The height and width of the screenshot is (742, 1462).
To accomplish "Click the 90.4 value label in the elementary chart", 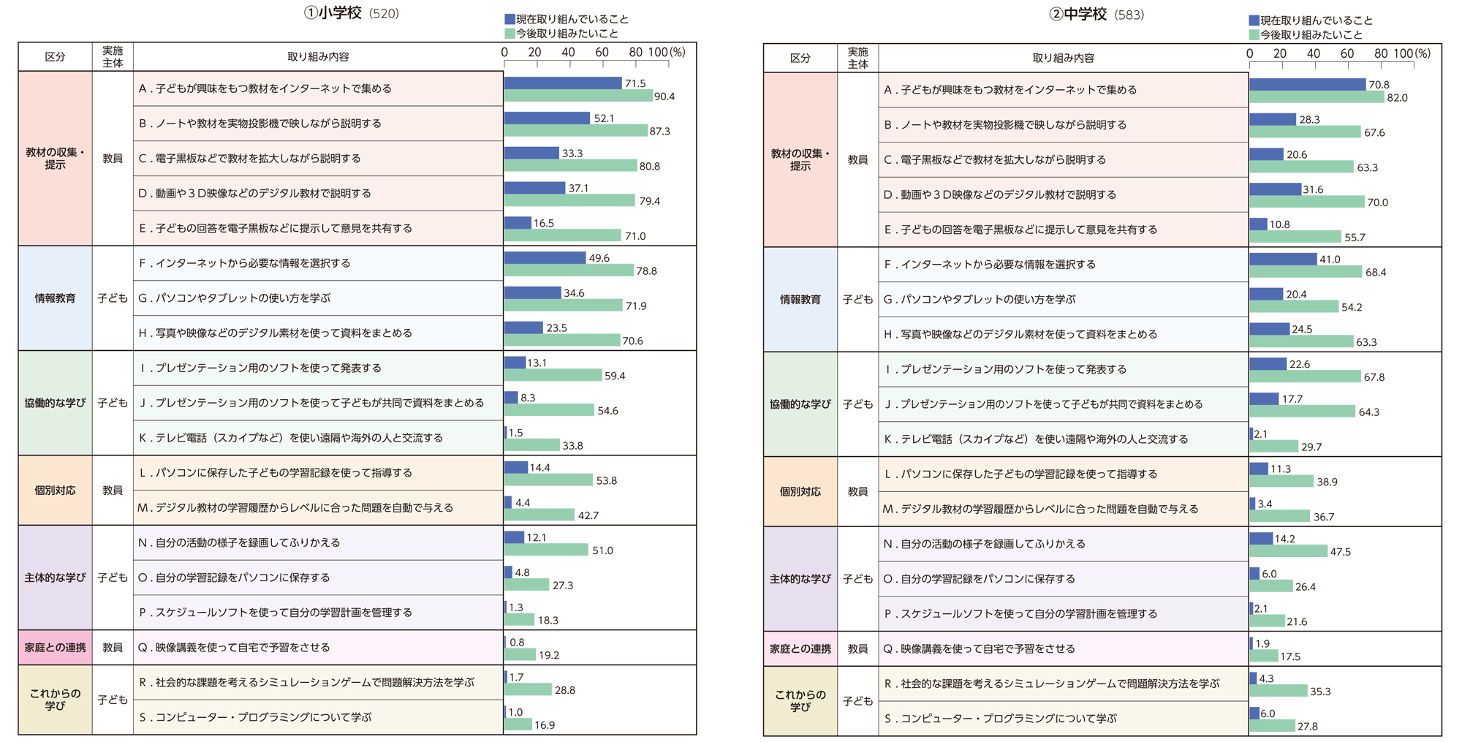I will (664, 96).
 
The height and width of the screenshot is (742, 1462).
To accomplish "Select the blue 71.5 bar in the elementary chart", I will (563, 83).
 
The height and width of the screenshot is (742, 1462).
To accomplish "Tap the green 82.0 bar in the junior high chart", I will (1317, 97).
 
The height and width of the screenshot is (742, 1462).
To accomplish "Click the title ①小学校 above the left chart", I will (333, 13).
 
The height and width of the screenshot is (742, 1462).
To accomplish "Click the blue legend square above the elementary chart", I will (510, 19).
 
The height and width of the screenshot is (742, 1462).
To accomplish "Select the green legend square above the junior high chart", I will (1254, 34).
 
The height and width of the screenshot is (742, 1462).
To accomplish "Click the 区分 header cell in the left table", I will (55, 57).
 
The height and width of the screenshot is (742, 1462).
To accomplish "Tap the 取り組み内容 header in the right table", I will (1063, 58).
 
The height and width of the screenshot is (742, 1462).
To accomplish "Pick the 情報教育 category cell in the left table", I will (55, 298).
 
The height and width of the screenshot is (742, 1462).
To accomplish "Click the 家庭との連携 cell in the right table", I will (800, 649).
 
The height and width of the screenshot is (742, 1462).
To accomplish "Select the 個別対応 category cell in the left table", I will (55, 491).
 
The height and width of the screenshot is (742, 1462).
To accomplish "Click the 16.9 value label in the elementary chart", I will (545, 725).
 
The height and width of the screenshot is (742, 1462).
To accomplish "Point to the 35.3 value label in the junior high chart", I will (1320, 692).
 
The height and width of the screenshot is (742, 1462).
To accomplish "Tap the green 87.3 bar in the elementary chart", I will (576, 131).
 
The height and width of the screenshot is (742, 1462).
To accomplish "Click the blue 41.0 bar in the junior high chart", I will (1283, 260).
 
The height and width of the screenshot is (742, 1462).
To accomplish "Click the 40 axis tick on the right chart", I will (1314, 53).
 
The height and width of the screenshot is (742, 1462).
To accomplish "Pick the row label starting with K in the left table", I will (291, 438).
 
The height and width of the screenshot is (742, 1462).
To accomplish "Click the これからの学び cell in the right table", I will (800, 701).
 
